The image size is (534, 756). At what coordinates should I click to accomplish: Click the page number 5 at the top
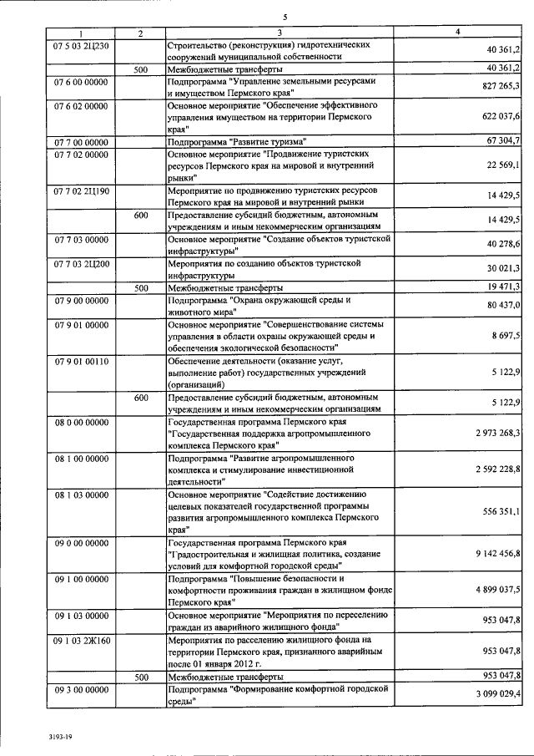285,16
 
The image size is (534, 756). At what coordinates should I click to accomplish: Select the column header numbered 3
280,33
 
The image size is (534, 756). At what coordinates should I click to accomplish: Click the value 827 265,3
497,87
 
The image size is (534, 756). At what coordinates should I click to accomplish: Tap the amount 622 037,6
497,116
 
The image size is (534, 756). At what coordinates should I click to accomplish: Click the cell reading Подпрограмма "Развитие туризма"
237,141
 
